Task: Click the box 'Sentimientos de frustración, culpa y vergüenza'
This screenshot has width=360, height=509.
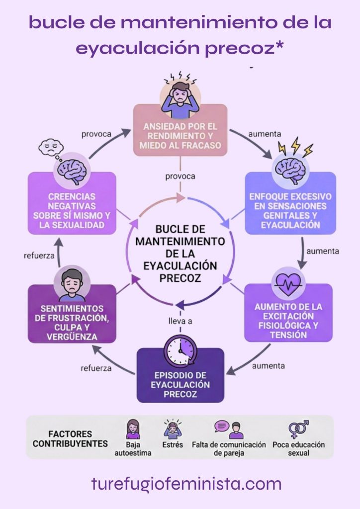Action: [x=72, y=318]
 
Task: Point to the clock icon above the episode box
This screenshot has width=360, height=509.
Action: [x=180, y=349]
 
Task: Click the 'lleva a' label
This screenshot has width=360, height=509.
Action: [x=180, y=321]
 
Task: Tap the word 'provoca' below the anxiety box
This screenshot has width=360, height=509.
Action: [x=180, y=176]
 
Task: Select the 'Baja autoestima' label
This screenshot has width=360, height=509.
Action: [x=133, y=449]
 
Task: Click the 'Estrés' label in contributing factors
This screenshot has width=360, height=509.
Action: [x=173, y=445]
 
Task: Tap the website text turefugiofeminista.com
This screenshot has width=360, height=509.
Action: [x=186, y=483]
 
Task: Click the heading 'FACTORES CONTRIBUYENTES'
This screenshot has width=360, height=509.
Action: [x=70, y=438]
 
